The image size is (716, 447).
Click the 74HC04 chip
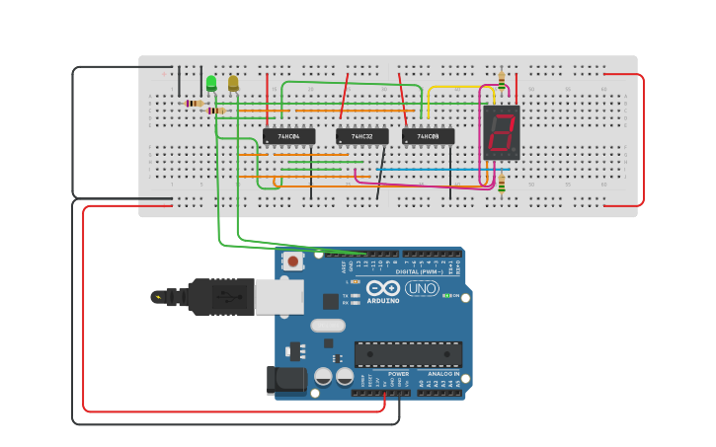pyautogui.click(x=288, y=136)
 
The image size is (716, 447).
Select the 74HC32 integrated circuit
pyautogui.click(x=362, y=136)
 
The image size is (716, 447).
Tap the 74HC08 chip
pyautogui.click(x=429, y=136)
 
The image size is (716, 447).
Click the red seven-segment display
pyautogui.click(x=502, y=132)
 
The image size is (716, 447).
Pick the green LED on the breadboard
pyautogui.click(x=211, y=84)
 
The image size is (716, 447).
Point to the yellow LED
pyautogui.click(x=233, y=84)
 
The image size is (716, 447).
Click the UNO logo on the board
pyautogui.click(x=422, y=288)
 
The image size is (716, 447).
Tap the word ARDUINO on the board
pyautogui.click(x=383, y=300)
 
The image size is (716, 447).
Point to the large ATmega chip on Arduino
pyautogui.click(x=408, y=354)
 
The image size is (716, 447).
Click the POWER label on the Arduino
pyautogui.click(x=398, y=374)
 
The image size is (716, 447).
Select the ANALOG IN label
pyautogui.click(x=442, y=374)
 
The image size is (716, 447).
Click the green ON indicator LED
pyautogui.click(x=447, y=295)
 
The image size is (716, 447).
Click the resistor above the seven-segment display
pyautogui.click(x=502, y=81)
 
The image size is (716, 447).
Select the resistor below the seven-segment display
pyautogui.click(x=502, y=183)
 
